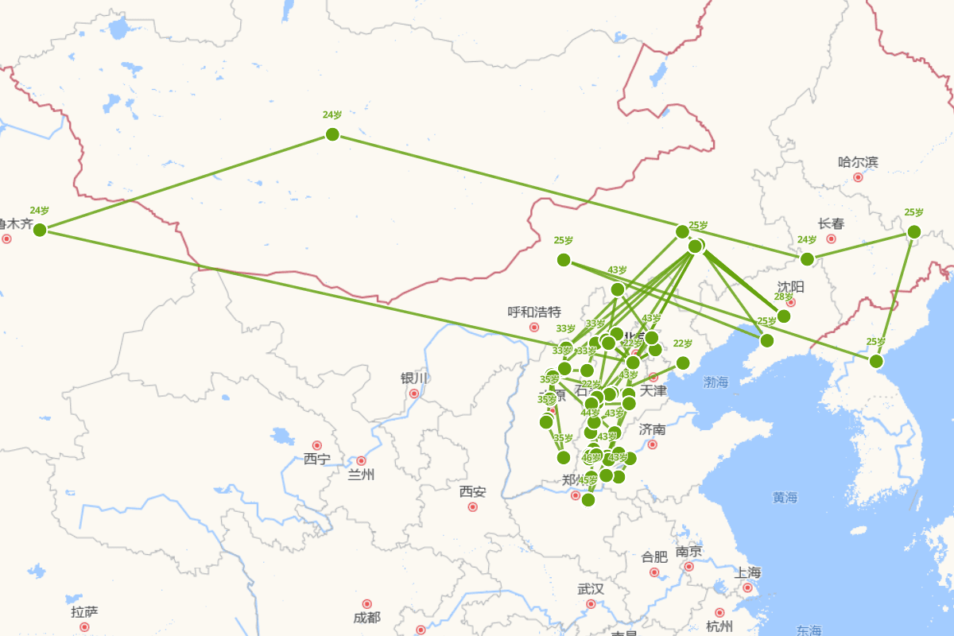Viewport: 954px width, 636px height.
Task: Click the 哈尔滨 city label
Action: [858, 162]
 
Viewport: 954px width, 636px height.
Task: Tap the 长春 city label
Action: [831, 223]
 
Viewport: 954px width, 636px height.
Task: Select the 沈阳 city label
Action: [790, 286]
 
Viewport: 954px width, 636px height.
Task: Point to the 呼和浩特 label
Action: [534, 312]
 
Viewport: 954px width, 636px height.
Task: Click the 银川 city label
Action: [414, 378]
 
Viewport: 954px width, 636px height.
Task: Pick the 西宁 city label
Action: [316, 459]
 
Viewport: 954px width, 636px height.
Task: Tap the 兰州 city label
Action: [360, 475]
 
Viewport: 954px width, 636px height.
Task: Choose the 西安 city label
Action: [472, 491]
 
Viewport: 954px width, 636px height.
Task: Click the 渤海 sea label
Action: [715, 382]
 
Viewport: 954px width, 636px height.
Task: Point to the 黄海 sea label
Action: [785, 498]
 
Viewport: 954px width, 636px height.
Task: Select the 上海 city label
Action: [748, 572]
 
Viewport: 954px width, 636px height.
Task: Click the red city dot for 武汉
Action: [591, 604]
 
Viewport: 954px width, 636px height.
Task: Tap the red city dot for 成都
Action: [366, 604]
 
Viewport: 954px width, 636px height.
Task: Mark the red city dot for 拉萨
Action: [84, 626]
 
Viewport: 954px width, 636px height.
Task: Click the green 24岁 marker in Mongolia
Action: [332, 134]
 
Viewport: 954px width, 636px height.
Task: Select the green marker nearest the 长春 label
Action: [807, 259]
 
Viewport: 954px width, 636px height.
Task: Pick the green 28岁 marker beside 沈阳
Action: [784, 316]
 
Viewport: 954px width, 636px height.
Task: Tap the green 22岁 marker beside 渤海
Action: [683, 363]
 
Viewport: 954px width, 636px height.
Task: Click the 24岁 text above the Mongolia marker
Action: [332, 114]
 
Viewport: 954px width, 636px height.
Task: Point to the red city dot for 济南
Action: [653, 444]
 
